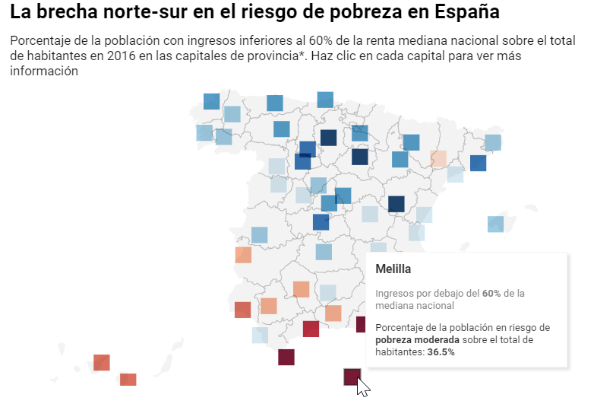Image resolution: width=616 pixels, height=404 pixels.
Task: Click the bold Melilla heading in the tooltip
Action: pos(393,269)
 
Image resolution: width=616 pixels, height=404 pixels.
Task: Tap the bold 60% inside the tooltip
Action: pos(492,293)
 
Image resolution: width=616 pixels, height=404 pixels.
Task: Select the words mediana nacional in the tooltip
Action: pos(415,305)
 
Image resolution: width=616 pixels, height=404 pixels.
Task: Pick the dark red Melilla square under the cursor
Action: pos(351,376)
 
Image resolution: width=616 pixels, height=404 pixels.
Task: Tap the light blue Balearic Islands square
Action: pos(495,224)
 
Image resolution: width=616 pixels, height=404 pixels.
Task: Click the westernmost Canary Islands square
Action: pos(101,362)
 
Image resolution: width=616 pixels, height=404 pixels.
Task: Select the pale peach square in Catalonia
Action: pos(438,159)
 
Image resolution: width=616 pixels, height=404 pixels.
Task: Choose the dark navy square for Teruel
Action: pos(396,204)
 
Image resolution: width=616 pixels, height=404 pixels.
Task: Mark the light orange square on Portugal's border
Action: pos(243,254)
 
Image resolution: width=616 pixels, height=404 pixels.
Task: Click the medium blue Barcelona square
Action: pos(478,163)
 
